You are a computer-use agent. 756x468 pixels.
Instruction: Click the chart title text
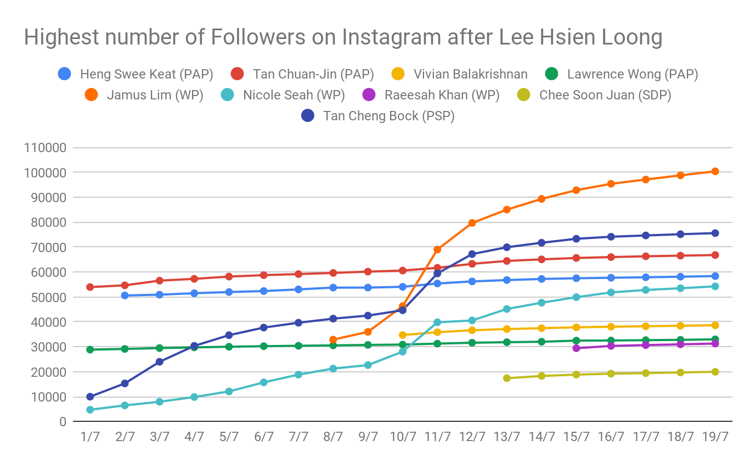[343, 37]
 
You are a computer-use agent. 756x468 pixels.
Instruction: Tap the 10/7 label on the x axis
[403, 438]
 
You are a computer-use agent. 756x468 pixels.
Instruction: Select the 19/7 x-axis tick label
[715, 438]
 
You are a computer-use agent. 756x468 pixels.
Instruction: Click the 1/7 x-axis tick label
[90, 438]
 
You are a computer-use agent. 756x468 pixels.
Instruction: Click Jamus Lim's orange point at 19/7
[715, 171]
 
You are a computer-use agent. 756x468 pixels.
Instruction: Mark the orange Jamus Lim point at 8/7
[333, 339]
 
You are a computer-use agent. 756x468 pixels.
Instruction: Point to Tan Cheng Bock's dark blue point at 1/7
[90, 397]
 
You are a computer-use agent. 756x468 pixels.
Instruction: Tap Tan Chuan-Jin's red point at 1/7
[90, 287]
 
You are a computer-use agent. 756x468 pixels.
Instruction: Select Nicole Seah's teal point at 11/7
[437, 322]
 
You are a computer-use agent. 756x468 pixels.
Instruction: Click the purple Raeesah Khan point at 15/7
[576, 348]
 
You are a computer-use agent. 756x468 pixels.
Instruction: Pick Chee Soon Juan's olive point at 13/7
[506, 378]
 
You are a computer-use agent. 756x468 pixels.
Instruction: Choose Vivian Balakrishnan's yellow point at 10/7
[403, 335]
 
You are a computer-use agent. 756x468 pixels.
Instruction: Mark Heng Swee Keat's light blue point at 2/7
[125, 296]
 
